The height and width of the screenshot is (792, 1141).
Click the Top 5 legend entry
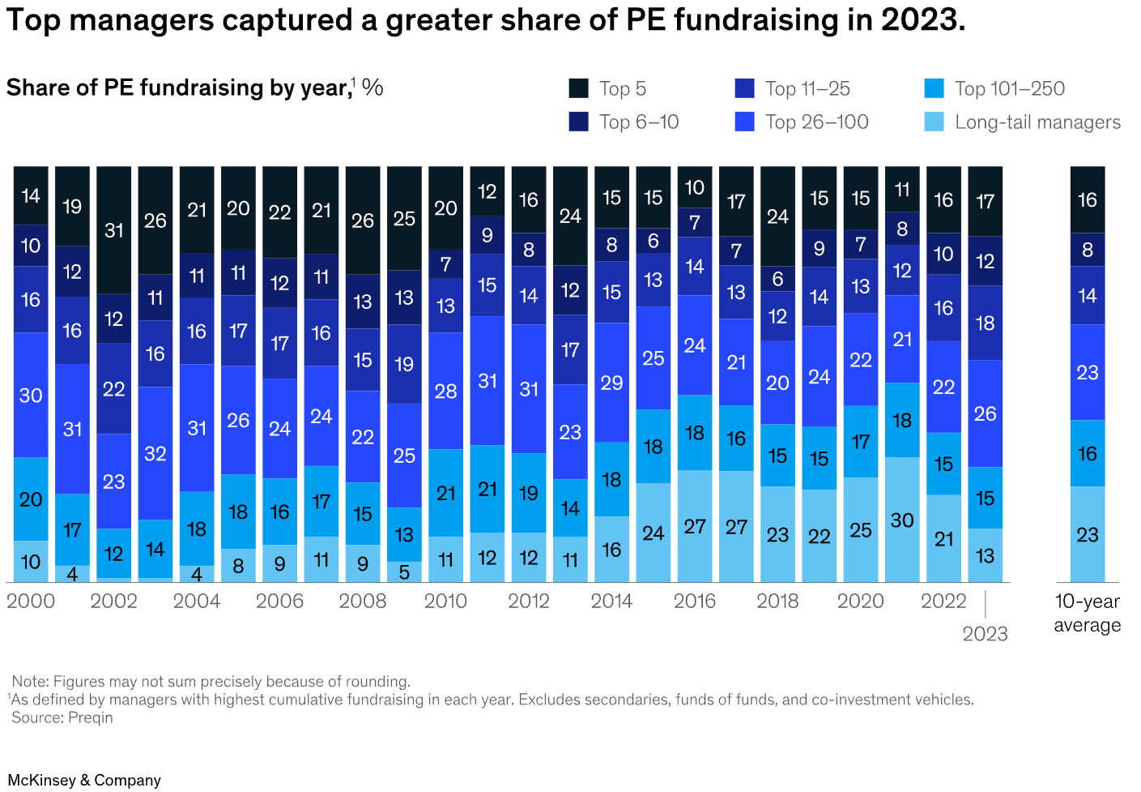pos(608,88)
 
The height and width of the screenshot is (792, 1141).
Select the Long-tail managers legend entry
pos(1023,122)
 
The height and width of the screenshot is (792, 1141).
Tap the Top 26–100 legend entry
pos(802,122)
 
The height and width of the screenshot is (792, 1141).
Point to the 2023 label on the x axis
pos(985,633)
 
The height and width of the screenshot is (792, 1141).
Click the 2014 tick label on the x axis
pos(612,601)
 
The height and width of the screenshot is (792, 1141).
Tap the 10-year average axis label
pos(1087,613)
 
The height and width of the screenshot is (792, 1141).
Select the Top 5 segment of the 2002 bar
pos(114,230)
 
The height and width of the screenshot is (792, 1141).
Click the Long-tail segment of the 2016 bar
pos(695,526)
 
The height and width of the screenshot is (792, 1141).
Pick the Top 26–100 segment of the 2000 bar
pos(31,395)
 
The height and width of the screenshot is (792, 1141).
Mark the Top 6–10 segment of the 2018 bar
pos(777,279)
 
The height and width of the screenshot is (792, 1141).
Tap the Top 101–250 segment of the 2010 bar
pos(445,493)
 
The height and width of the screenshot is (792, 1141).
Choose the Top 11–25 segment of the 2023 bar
pos(985,323)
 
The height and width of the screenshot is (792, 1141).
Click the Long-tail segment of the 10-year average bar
pos(1087,534)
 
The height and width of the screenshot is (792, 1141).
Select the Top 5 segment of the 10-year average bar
pos(1087,199)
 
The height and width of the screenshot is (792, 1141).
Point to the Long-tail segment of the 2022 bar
pos(943,538)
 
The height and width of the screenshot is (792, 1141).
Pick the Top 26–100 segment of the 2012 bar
pos(529,389)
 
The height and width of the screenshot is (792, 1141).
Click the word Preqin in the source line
pos(92,717)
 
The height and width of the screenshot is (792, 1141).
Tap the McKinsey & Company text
pos(84,780)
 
